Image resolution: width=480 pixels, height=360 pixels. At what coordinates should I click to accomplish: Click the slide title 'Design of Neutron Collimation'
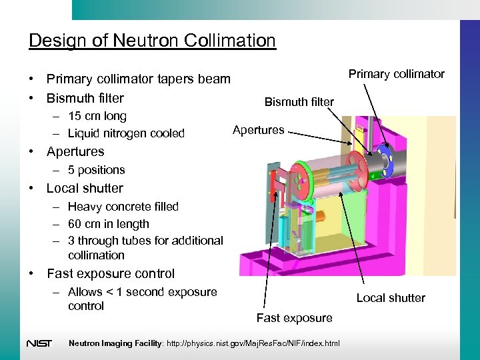tap(152, 41)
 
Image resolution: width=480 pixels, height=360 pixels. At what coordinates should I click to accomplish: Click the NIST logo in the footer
tap(39, 343)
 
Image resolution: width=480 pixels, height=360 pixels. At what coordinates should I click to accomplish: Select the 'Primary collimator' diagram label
tap(396, 74)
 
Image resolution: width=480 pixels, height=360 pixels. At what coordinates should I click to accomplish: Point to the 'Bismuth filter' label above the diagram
tap(299, 102)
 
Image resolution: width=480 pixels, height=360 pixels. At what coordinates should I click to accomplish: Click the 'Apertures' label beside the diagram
tap(258, 130)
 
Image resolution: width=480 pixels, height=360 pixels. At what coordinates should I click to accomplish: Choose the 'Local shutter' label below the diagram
tap(391, 298)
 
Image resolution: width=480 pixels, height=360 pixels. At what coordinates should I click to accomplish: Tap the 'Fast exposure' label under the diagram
tap(294, 318)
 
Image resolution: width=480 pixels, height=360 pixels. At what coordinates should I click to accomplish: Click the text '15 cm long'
tap(97, 116)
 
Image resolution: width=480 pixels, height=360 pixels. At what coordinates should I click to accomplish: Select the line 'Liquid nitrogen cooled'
tap(126, 133)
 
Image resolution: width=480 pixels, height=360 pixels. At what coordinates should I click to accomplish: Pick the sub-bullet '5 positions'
tap(96, 170)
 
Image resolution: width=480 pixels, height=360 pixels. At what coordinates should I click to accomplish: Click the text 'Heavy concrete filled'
tap(123, 207)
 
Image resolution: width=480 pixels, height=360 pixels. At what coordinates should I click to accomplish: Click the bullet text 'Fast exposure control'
tap(111, 273)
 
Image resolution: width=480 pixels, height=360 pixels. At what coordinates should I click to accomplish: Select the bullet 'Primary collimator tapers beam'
tap(138, 79)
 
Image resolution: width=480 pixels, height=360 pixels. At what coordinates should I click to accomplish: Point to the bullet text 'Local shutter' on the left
tap(85, 188)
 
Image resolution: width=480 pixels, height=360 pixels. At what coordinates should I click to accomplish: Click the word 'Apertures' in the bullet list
tap(75, 152)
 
